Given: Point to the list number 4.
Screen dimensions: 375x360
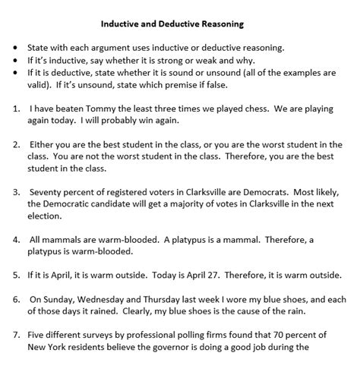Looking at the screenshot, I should pyautogui.click(x=15, y=239).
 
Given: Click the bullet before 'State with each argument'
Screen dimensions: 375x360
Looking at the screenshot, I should pyautogui.click(x=15, y=48).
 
